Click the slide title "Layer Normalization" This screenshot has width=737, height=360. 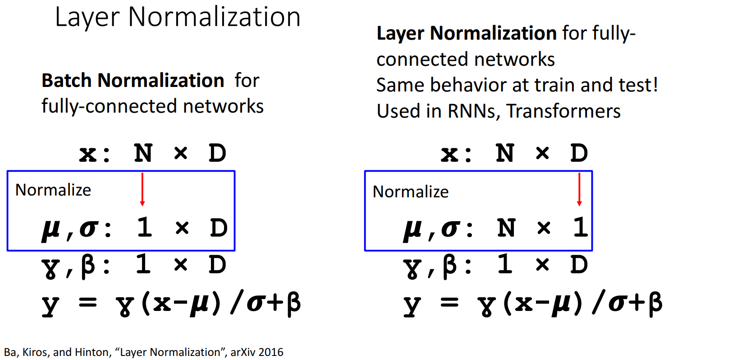point(178,18)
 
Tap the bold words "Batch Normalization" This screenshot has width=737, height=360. point(133,81)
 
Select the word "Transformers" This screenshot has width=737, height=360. point(563,111)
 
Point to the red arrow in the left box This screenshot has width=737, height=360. point(142,189)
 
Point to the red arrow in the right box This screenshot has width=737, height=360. point(579,190)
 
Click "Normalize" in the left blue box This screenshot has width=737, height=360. point(53,190)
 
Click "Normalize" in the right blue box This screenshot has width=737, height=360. point(411,192)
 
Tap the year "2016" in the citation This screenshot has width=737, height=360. point(271,352)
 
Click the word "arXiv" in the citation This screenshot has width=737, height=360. point(243,352)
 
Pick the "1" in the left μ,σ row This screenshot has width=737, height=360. point(144,228)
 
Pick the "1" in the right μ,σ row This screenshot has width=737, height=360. point(580,228)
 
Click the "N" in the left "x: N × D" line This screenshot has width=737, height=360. point(143,154)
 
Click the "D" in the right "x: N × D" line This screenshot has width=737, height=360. point(579,154)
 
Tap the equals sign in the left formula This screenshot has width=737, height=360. point(88,303)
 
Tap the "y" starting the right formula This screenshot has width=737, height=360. point(412,305)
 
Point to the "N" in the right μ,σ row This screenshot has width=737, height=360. point(506,228)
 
